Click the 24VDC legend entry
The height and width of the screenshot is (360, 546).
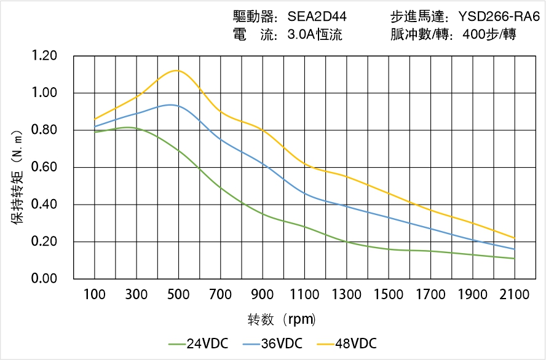(198, 343)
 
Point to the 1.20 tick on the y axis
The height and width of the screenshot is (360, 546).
(44, 57)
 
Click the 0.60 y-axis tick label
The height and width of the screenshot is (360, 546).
(44, 168)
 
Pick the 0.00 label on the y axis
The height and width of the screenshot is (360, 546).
(44, 279)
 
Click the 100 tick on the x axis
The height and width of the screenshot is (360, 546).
(95, 295)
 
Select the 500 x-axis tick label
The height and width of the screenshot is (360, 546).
(178, 295)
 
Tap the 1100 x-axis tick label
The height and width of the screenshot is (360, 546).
(304, 295)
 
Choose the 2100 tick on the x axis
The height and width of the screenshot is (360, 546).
(515, 295)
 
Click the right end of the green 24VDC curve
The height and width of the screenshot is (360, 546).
(515, 259)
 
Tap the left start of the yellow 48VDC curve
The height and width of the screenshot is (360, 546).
(95, 119)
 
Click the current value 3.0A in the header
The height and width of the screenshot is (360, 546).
(301, 34)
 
